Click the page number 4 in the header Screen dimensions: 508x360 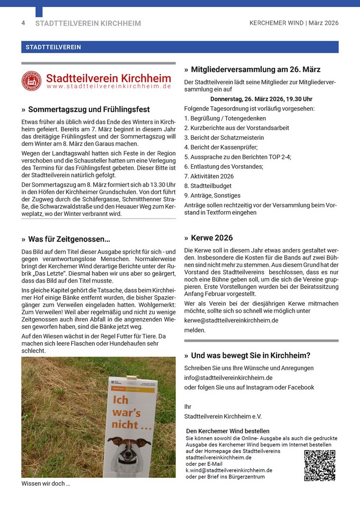click(x=23, y=23)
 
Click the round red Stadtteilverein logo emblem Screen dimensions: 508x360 click(x=31, y=81)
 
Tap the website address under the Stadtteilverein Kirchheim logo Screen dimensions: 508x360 click(x=109, y=86)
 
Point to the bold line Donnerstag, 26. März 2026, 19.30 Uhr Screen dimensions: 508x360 click(x=261, y=99)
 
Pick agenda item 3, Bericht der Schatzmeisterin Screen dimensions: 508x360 click(x=224, y=137)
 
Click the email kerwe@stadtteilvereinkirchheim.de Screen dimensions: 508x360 click(x=231, y=320)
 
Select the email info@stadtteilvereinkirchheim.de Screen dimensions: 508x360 click(x=228, y=378)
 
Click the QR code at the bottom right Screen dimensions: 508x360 click(x=319, y=465)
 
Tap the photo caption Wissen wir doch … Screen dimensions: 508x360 click(x=46, y=483)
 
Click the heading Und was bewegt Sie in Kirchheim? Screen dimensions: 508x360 click(x=250, y=356)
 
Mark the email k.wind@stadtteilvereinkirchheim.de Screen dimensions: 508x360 click(x=229, y=470)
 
